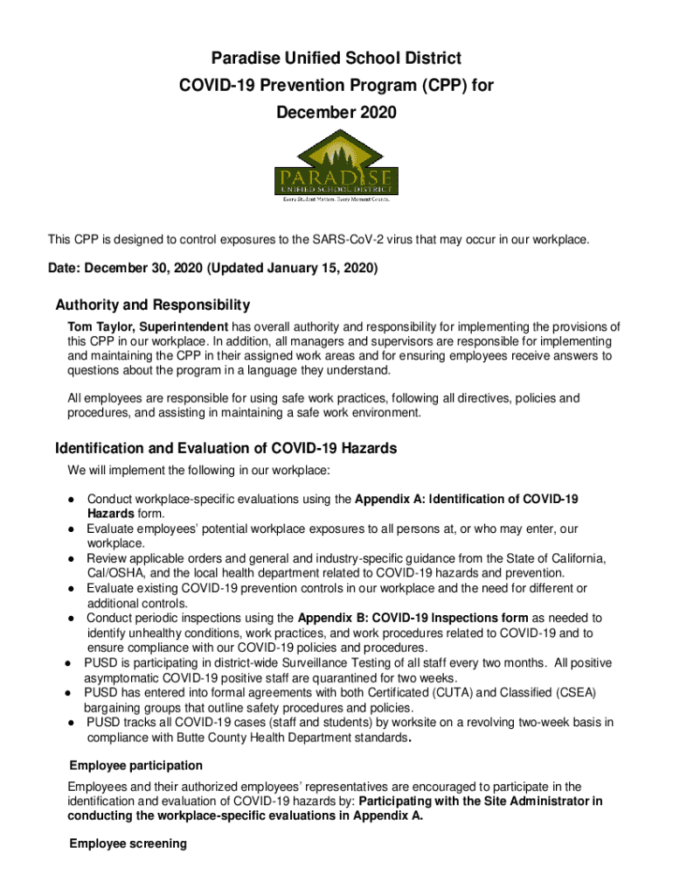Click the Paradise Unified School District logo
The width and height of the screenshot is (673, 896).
click(x=336, y=167)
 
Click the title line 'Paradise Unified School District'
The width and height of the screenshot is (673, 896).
click(x=336, y=59)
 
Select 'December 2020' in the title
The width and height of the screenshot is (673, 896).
click(x=336, y=113)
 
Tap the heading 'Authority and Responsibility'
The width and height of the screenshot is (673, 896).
click(x=152, y=305)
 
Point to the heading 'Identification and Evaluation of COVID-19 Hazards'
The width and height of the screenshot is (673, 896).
click(x=225, y=449)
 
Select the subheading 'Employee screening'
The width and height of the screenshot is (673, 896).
click(x=128, y=843)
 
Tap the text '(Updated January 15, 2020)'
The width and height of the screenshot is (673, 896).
click(x=295, y=269)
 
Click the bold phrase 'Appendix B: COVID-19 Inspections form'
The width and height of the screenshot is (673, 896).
click(x=413, y=618)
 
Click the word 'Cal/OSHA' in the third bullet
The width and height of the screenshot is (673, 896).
click(x=114, y=573)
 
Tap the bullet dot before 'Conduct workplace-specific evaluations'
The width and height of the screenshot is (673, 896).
click(x=68, y=500)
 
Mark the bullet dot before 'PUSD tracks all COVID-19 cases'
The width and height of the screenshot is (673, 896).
click(x=68, y=723)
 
